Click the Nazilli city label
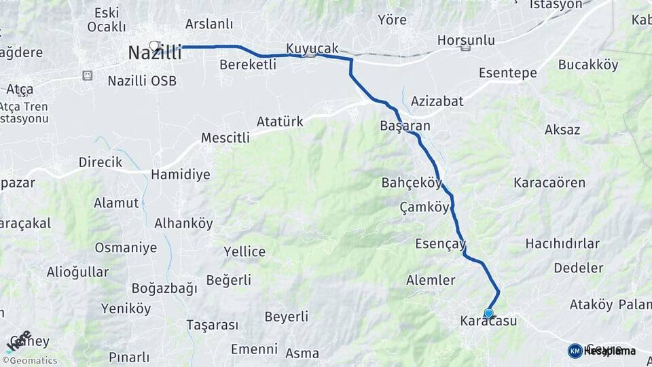pyautogui.click(x=155, y=54)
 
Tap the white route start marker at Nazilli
pyautogui.click(x=154, y=46)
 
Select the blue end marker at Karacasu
pyautogui.click(x=488, y=313)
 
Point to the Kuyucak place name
pyautogui.click(x=312, y=48)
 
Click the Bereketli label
pyautogui.click(x=248, y=65)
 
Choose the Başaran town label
pyautogui.click(x=405, y=126)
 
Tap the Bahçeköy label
pyautogui.click(x=412, y=183)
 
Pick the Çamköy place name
pyautogui.click(x=424, y=207)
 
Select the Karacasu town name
pyautogui.click(x=488, y=321)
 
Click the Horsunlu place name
pyautogui.click(x=466, y=39)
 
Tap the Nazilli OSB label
pyautogui.click(x=142, y=81)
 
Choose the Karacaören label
pyautogui.click(x=549, y=183)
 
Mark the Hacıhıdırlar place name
pyautogui.click(x=562, y=243)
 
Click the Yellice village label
pyautogui.click(x=244, y=252)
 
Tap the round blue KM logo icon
pyautogui.click(x=575, y=351)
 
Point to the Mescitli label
pyautogui.click(x=225, y=138)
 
